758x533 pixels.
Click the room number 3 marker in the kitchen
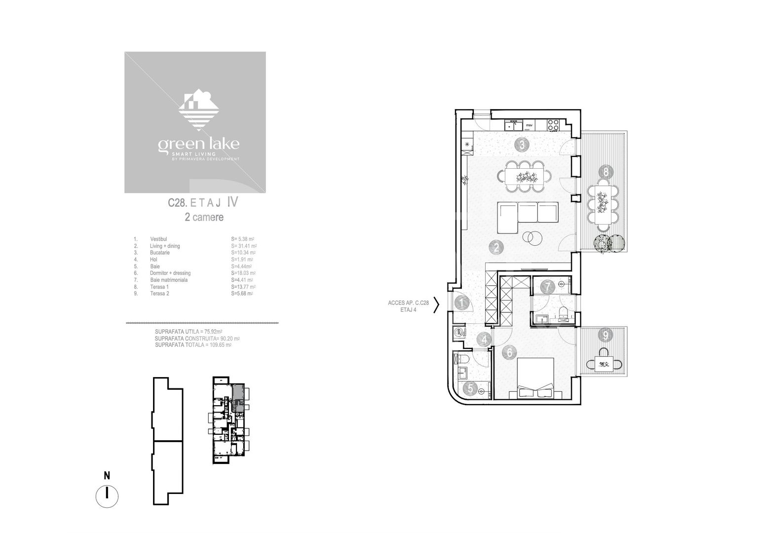coord(522,145)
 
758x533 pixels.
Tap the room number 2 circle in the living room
coord(496,247)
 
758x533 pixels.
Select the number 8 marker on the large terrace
coord(606,172)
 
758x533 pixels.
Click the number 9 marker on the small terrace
coord(606,335)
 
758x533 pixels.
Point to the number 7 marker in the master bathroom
coord(547,286)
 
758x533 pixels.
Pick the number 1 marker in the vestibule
coord(461,303)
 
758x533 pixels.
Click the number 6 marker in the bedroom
coord(509,352)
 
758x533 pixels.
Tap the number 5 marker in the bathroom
coord(470,388)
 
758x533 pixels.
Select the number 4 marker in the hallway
coord(485,340)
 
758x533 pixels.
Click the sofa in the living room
coord(527,217)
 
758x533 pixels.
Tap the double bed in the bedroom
coord(535,378)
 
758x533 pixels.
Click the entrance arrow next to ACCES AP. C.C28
coord(436,306)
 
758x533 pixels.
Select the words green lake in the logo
coord(198,144)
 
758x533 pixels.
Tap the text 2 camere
coord(204,217)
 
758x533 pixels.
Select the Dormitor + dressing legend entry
coord(170,273)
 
